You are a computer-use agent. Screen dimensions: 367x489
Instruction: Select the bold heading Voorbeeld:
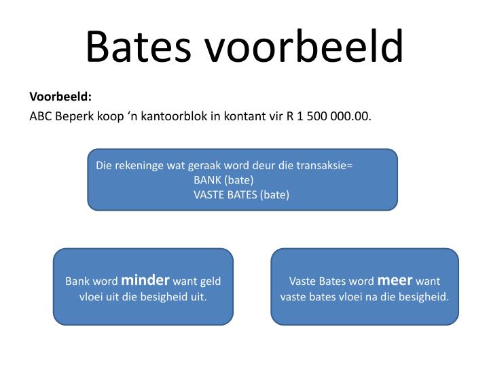[60, 97]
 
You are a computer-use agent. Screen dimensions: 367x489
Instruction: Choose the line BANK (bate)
[223, 180]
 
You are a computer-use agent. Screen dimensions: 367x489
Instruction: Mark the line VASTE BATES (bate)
[241, 195]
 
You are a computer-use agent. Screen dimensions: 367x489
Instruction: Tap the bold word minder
[145, 279]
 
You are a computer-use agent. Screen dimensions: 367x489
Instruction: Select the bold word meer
[395, 279]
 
